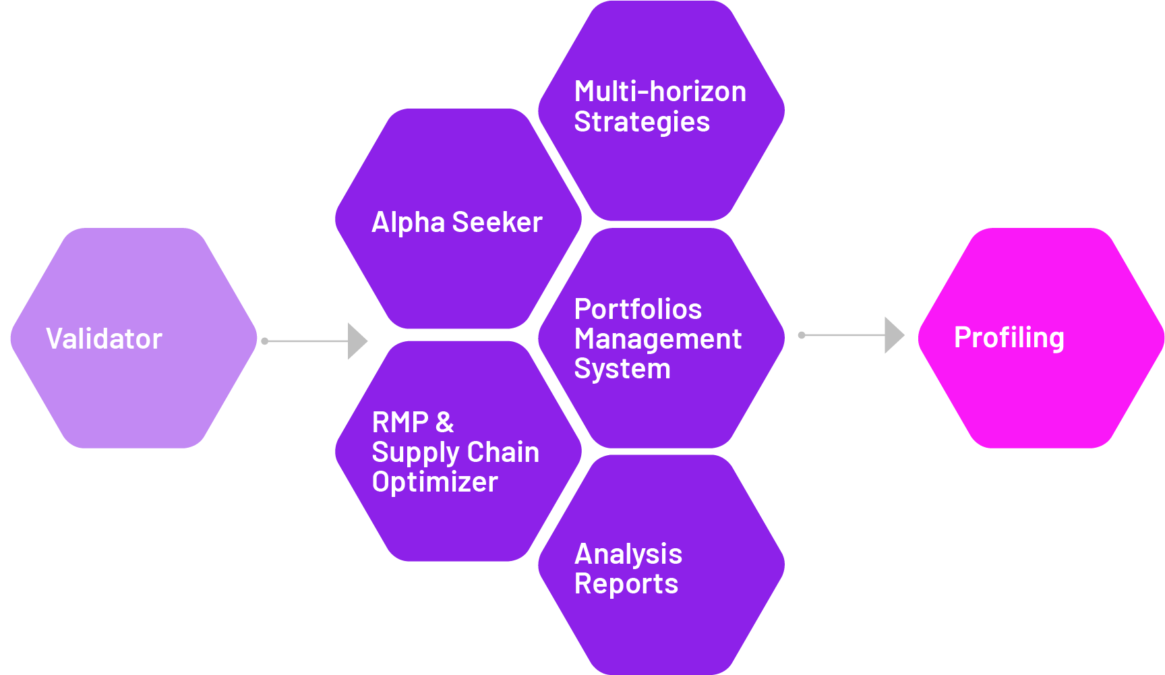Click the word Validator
pyautogui.click(x=104, y=339)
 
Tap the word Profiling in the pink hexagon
pyautogui.click(x=1009, y=337)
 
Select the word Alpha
pyautogui.click(x=408, y=222)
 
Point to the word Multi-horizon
pyautogui.click(x=660, y=91)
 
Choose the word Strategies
pyautogui.click(x=641, y=122)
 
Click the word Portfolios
pyautogui.click(x=638, y=309)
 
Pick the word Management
pyautogui.click(x=657, y=339)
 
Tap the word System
pyautogui.click(x=622, y=368)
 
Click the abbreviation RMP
pyautogui.click(x=400, y=422)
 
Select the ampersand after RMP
pyautogui.click(x=444, y=422)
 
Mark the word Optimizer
pyautogui.click(x=435, y=481)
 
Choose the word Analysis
pyautogui.click(x=628, y=554)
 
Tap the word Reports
pyautogui.click(x=626, y=583)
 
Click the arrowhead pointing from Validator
pyautogui.click(x=357, y=341)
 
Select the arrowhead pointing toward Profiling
pyautogui.click(x=893, y=335)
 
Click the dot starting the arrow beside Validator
pyautogui.click(x=265, y=341)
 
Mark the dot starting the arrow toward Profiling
pyautogui.click(x=802, y=335)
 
